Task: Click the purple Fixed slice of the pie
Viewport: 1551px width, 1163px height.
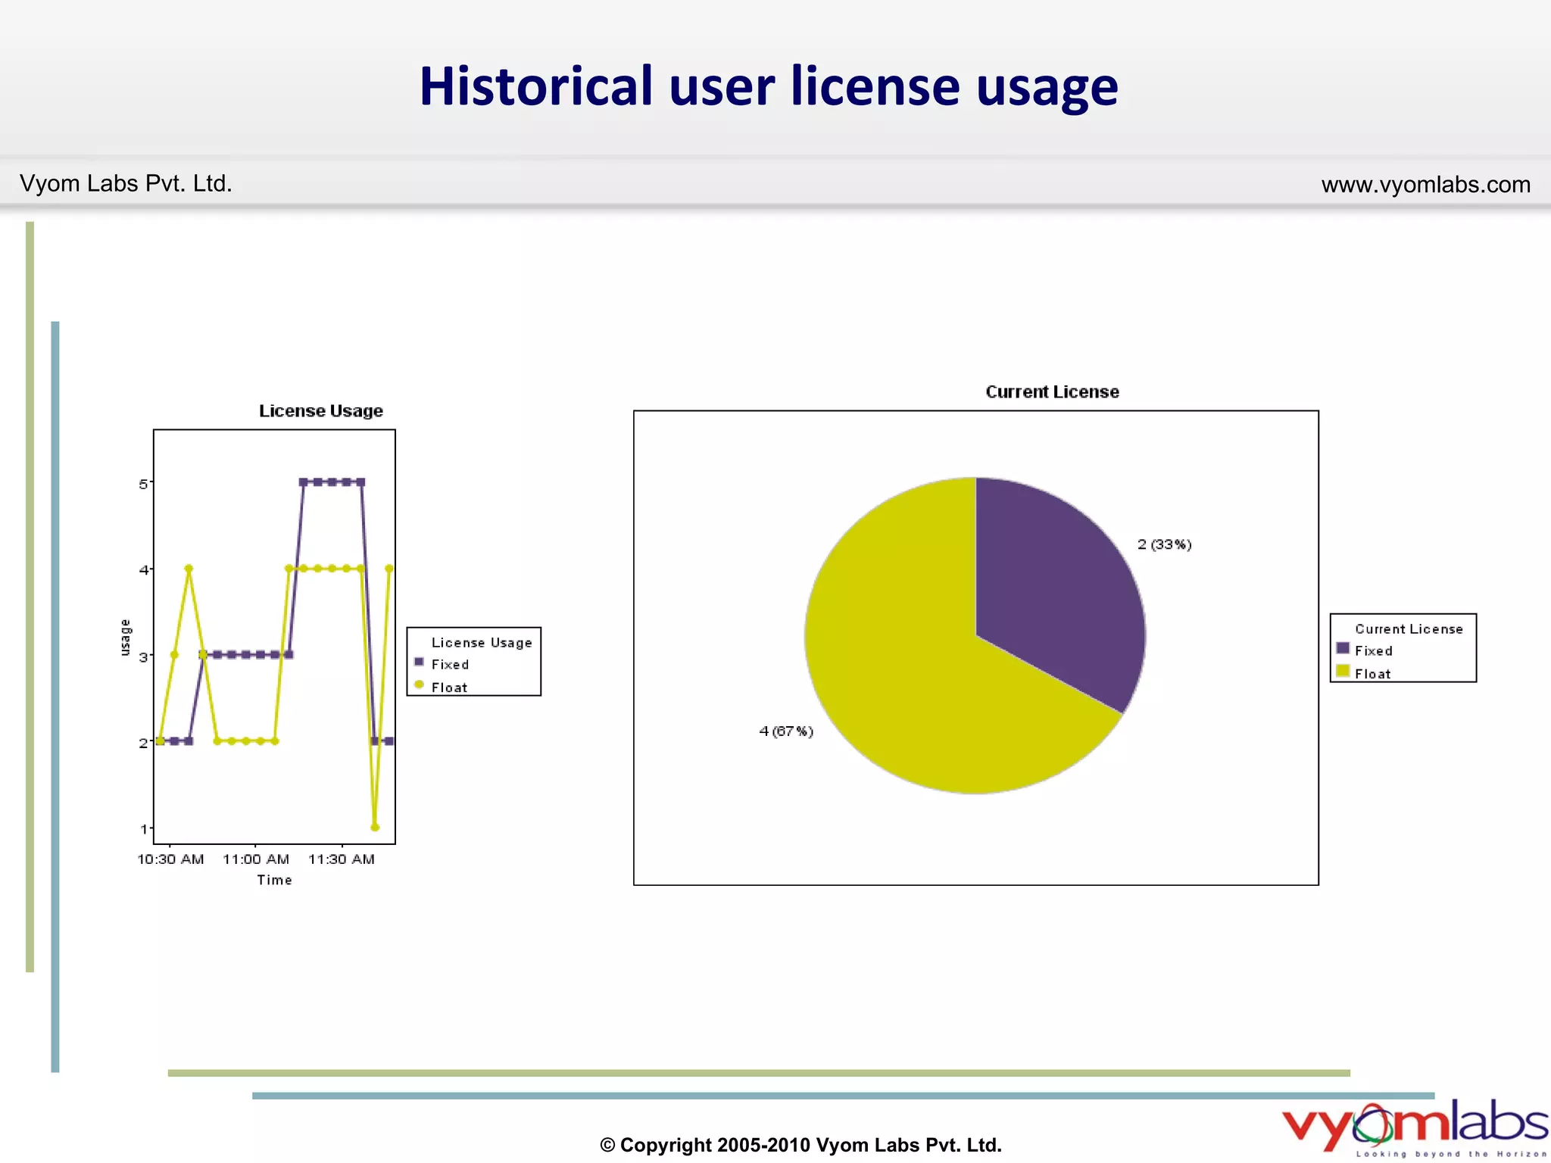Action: click(x=1060, y=583)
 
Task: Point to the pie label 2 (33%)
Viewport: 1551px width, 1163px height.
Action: click(x=1164, y=544)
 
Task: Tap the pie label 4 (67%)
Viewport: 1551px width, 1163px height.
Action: click(x=786, y=731)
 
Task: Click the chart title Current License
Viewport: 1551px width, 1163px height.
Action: click(x=1052, y=392)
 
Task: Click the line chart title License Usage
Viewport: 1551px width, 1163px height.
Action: click(x=320, y=411)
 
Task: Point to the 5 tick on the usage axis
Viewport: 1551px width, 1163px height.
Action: click(x=143, y=484)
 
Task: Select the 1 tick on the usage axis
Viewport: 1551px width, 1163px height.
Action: click(x=143, y=829)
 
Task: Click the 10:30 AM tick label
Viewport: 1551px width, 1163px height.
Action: click(x=170, y=859)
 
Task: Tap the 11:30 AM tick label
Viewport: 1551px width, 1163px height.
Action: click(x=342, y=859)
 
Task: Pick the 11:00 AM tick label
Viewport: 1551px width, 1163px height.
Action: click(x=256, y=859)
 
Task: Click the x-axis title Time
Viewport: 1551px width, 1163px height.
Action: click(x=274, y=880)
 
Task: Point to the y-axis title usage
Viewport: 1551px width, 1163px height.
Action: click(x=126, y=637)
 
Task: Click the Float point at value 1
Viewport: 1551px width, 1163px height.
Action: click(x=375, y=827)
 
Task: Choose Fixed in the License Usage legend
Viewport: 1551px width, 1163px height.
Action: click(x=450, y=665)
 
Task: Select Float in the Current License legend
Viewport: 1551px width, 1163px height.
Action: click(x=1372, y=674)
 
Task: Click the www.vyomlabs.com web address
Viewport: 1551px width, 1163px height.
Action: click(x=1425, y=185)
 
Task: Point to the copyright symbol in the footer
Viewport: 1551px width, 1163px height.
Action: click(x=607, y=1146)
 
